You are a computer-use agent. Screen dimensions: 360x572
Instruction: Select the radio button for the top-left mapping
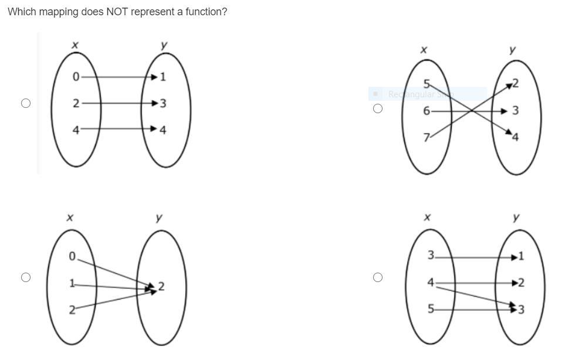25,103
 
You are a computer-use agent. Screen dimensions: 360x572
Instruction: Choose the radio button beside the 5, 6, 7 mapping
377,108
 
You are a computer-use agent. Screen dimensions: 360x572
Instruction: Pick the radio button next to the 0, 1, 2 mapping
25,277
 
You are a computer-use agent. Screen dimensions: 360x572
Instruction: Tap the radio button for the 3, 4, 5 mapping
377,277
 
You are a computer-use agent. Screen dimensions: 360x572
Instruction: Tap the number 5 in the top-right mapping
427,83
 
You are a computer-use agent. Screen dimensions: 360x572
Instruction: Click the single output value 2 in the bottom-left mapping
161,287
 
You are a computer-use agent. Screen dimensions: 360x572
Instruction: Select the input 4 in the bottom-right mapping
430,283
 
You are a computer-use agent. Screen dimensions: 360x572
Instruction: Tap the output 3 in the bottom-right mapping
521,309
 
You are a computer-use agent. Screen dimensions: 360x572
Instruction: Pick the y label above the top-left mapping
164,45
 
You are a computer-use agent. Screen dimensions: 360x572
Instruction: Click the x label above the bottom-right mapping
427,218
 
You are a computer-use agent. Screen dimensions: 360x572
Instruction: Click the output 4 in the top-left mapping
163,130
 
